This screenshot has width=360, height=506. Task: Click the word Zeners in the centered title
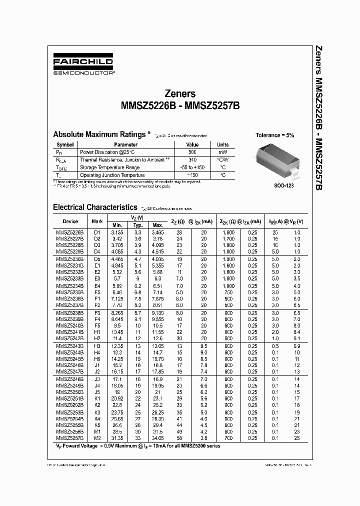coord(180,93)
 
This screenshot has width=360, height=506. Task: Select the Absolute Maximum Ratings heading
coord(99,134)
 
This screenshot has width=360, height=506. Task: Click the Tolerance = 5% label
coord(275,135)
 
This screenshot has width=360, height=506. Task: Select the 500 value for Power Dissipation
coord(192,151)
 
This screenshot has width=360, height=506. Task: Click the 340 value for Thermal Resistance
coord(192,159)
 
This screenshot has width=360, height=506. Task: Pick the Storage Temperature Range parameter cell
coord(110,167)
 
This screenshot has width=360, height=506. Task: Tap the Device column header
coord(70,221)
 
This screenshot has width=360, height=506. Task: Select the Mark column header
coord(97,221)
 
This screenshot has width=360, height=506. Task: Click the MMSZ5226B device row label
coord(70,232)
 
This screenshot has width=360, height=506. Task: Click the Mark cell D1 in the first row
coord(97,232)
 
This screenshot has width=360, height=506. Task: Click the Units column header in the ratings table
coord(222,144)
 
